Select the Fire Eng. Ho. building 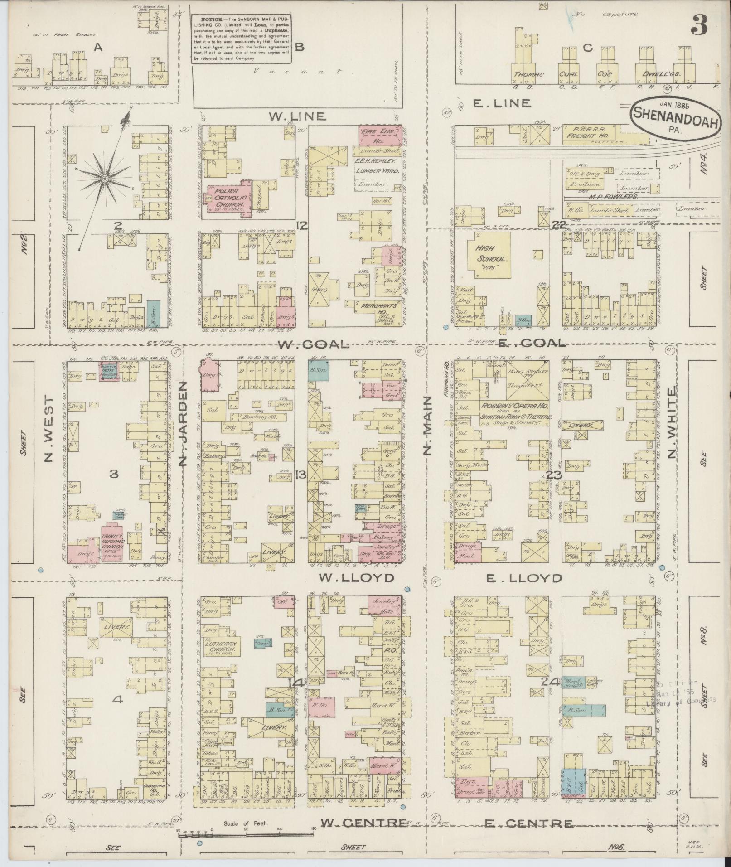coord(380,135)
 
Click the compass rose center coord(105,179)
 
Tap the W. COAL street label coord(313,344)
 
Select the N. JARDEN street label coord(183,423)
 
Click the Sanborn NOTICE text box coord(241,39)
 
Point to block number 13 coord(300,475)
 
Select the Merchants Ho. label coord(379,306)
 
